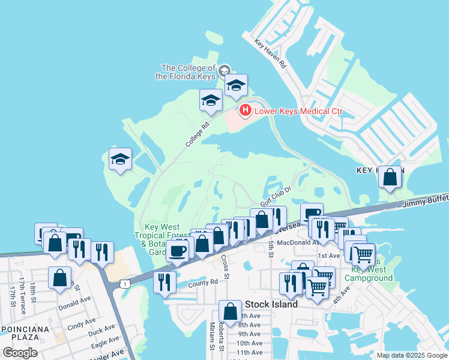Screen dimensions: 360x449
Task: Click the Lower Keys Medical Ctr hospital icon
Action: click(245, 110)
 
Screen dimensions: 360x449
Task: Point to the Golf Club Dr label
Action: click(276, 195)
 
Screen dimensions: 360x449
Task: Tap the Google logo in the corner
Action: click(20, 352)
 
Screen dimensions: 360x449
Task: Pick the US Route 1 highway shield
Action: click(124, 282)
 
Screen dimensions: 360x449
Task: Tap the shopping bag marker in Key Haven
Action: click(390, 177)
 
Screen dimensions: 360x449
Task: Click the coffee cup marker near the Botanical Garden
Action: click(177, 250)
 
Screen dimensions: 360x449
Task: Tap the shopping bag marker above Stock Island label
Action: click(230, 311)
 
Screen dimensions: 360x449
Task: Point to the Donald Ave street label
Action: click(74, 302)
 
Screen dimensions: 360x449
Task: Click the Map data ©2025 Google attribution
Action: click(412, 355)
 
